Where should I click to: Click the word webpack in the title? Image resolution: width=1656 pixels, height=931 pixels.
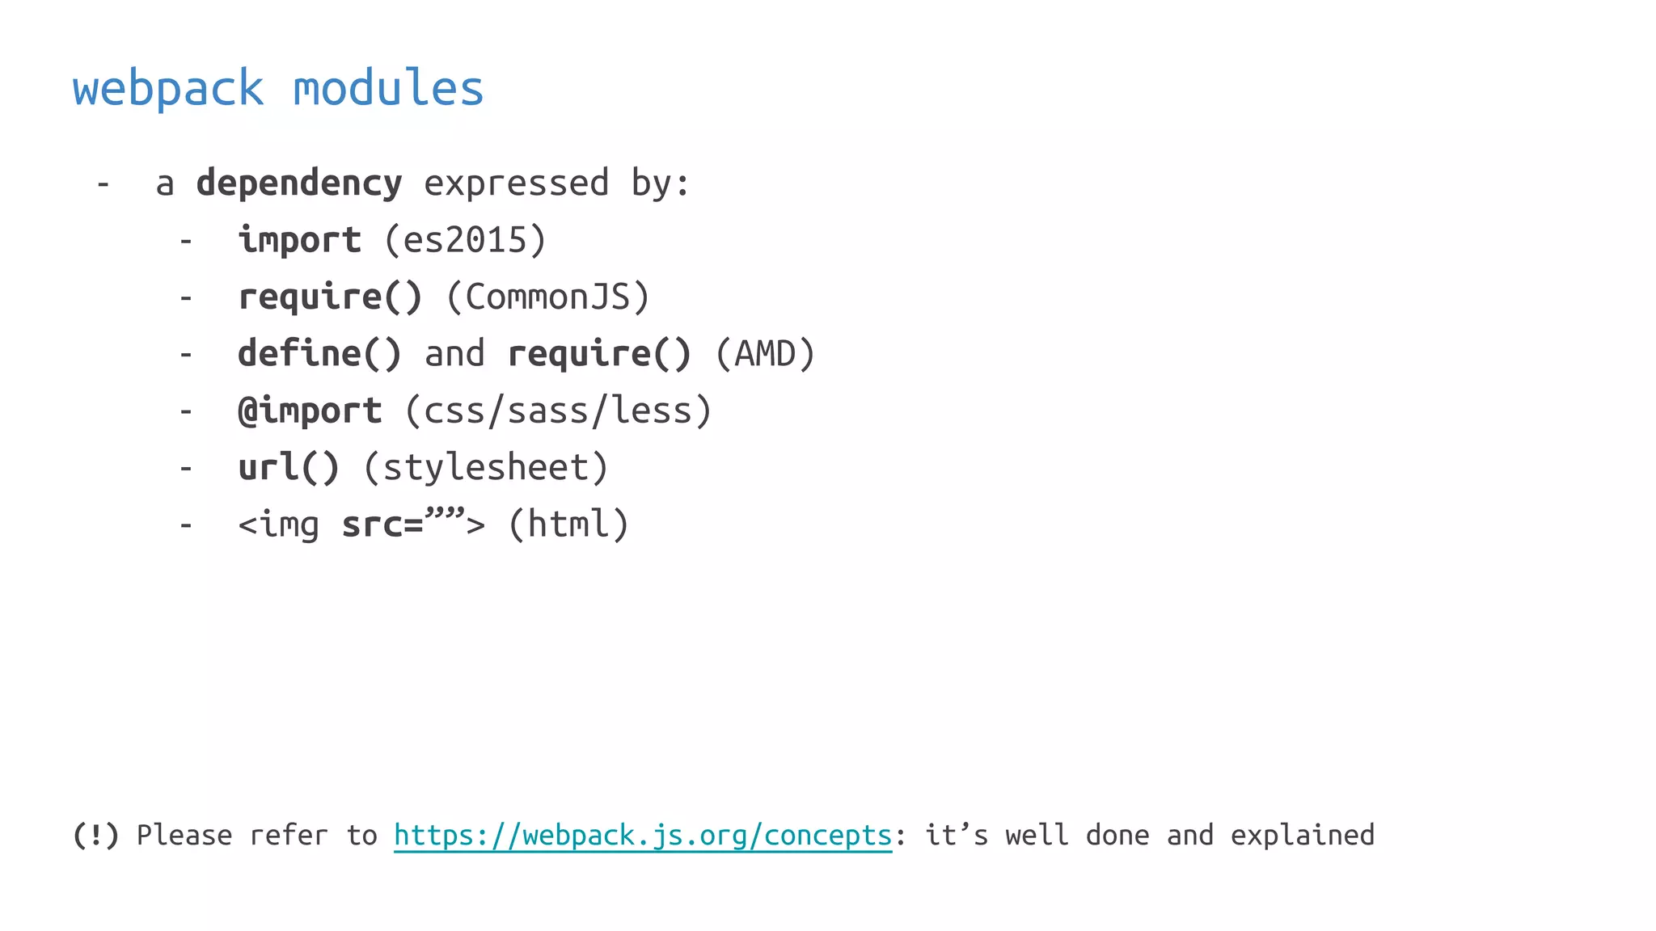pyautogui.click(x=168, y=88)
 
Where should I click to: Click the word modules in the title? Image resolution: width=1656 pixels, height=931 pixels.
pyautogui.click(x=388, y=88)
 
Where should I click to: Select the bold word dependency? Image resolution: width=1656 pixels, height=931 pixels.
pyautogui.click(x=298, y=183)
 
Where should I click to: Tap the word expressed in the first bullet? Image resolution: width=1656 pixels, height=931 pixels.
pyautogui.click(x=516, y=183)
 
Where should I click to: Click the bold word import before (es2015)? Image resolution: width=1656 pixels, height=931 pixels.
pyautogui.click(x=299, y=240)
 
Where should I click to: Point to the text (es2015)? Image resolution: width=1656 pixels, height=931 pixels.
pyautogui.click(x=465, y=240)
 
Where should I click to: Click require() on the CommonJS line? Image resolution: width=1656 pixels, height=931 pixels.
pyautogui.click(x=330, y=297)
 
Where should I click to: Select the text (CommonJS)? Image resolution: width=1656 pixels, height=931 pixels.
pyautogui.click(x=547, y=297)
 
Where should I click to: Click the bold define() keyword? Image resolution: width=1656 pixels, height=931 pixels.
pyautogui.click(x=319, y=354)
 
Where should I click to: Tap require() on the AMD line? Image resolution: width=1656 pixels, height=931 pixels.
pyautogui.click(x=599, y=354)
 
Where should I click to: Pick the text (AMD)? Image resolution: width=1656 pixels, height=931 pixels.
pyautogui.click(x=765, y=354)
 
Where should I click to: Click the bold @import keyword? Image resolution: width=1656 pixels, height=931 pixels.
pyautogui.click(x=310, y=411)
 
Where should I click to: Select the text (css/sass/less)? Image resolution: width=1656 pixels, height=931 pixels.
pyautogui.click(x=558, y=411)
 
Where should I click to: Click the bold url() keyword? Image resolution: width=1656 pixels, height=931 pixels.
pyautogui.click(x=289, y=468)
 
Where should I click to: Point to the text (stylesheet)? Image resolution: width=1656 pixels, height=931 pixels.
pyautogui.click(x=486, y=468)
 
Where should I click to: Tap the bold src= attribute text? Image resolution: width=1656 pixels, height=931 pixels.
pyautogui.click(x=382, y=524)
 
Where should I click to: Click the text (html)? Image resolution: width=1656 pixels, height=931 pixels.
pyautogui.click(x=568, y=524)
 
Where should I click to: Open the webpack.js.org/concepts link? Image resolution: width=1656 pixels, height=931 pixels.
pyautogui.click(x=643, y=835)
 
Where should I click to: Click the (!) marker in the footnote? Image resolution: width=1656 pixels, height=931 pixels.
pyautogui.click(x=95, y=835)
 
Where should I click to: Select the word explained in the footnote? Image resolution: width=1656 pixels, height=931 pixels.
pyautogui.click(x=1302, y=835)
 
